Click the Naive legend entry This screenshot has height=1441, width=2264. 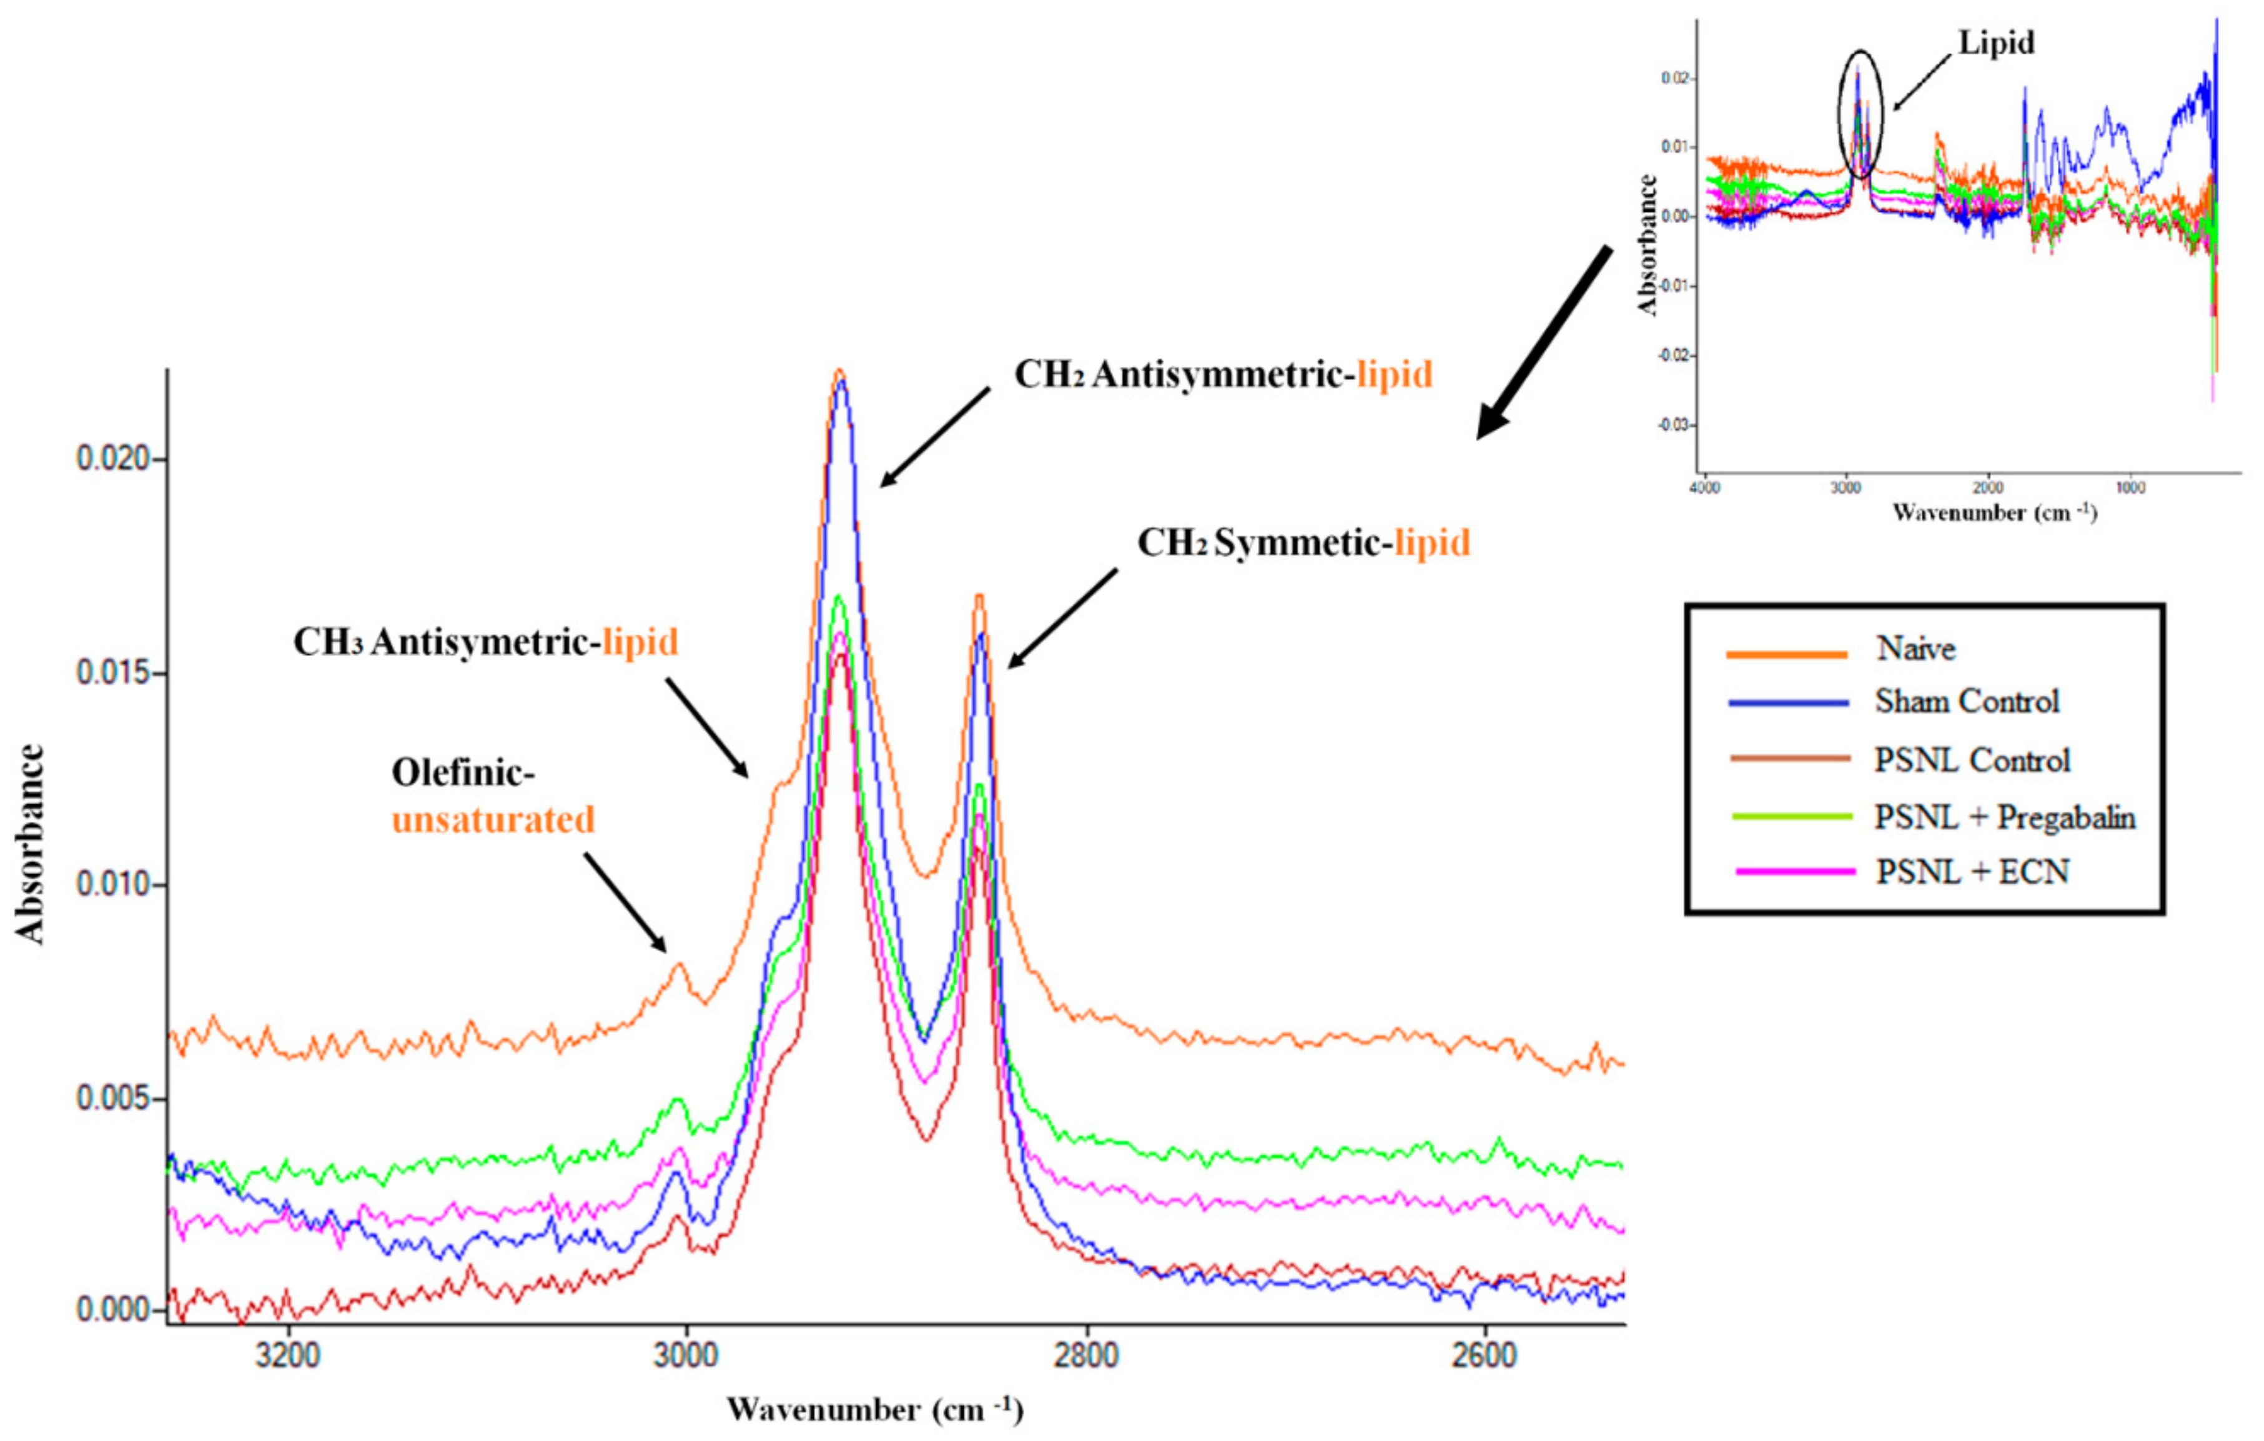(x=1915, y=649)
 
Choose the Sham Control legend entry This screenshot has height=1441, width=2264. (x=1966, y=702)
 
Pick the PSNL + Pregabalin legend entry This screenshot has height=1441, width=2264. (x=2004, y=817)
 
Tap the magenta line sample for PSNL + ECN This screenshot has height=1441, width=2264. (x=1795, y=872)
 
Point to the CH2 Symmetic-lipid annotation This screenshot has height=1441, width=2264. (x=1303, y=543)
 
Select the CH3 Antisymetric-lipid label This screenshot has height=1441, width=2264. (x=485, y=642)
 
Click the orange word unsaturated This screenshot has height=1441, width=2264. (x=493, y=820)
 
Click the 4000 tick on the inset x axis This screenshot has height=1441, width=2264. (x=1704, y=488)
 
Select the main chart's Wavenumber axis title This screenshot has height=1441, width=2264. (x=874, y=1410)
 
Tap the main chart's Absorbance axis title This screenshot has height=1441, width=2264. (x=30, y=843)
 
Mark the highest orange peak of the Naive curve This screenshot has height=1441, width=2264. (x=839, y=372)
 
